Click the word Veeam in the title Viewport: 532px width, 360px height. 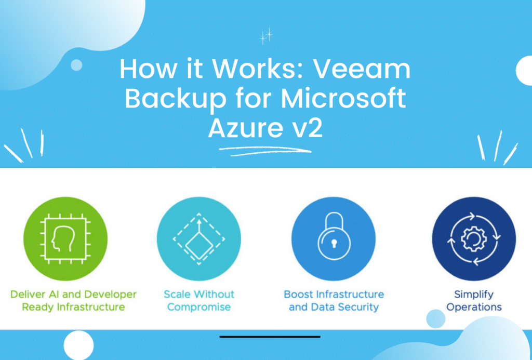coord(362,69)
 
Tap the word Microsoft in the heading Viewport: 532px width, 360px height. coord(343,99)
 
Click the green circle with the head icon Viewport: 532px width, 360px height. coord(65,239)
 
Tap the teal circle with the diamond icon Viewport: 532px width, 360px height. coord(199,239)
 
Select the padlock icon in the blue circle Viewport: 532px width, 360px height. coord(334,236)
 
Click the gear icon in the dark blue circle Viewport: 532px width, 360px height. coord(474,239)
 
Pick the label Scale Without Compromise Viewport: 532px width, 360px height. coord(199,300)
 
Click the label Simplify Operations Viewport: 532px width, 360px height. coord(474,300)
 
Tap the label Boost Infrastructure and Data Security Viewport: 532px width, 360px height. coord(334,300)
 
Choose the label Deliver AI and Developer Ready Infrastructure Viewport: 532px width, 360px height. coord(73,300)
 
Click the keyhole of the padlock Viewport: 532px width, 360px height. coord(334,243)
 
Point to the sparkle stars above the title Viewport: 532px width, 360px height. coord(266,36)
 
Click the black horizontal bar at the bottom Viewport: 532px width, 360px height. coord(270,337)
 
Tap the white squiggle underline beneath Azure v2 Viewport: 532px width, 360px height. coord(265,151)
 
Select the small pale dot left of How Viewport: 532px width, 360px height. coord(76,65)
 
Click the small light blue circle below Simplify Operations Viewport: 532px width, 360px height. coord(436,319)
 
